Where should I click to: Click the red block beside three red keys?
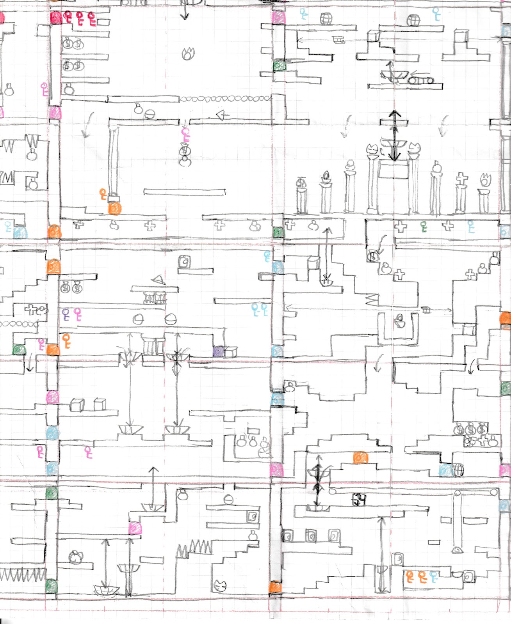coord(56,18)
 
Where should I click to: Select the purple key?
coord(66,314)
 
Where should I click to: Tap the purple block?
coord(219,351)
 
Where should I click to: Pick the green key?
coord(424,227)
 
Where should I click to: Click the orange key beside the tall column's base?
coord(103,194)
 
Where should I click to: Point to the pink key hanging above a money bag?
coord(185,135)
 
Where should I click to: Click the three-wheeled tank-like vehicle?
coord(420,80)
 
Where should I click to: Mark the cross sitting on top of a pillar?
coord(461,179)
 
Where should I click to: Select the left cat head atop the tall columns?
coord(373,149)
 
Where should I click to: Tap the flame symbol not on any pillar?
coord(189,53)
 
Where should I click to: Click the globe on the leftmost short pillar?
coord(301,182)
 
